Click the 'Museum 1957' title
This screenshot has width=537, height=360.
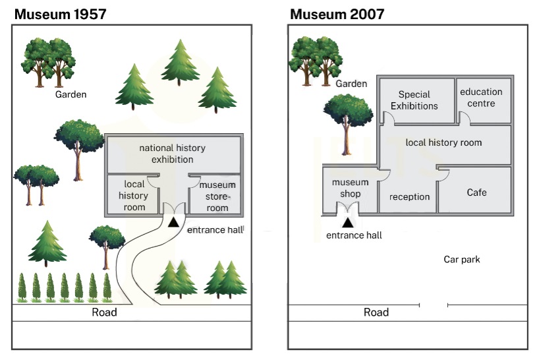coord(60,14)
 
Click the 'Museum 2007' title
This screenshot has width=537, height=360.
coord(337,14)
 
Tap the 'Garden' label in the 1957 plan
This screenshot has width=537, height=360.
coord(71,94)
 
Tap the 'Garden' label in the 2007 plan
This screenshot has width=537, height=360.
coord(351,84)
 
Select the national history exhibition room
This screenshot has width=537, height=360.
coord(173,154)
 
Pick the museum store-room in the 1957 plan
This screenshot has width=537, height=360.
coord(217,196)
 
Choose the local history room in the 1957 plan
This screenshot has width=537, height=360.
coord(134,196)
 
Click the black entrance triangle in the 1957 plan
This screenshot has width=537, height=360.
coord(173,222)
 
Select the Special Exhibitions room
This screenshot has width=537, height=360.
coord(414,100)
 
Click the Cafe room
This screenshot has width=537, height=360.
coord(476,192)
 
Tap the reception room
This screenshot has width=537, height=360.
coord(409,196)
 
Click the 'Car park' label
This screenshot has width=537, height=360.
coord(461,259)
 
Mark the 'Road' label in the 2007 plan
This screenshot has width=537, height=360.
coord(376,312)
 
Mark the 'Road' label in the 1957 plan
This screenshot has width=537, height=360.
coord(104,312)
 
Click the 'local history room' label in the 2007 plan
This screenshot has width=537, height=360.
coord(443,142)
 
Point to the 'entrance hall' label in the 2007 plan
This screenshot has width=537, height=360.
coord(354,235)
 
